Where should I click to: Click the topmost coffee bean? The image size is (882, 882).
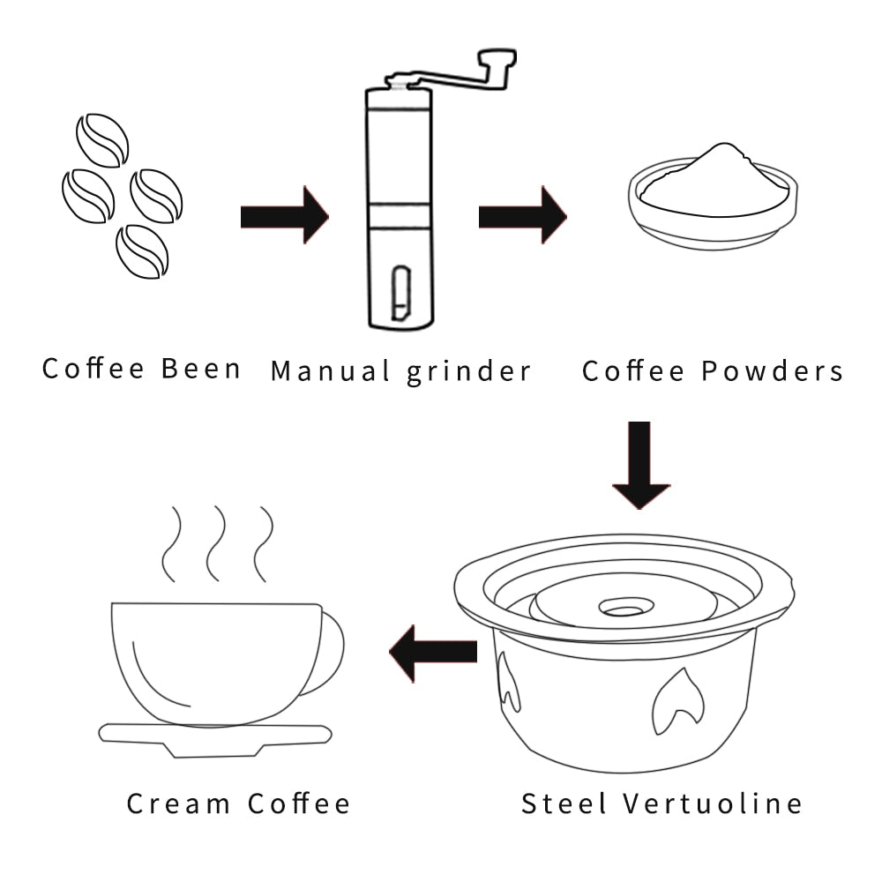tap(102, 139)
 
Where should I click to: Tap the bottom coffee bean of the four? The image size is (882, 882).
tap(142, 251)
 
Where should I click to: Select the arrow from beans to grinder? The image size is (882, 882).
tap(284, 215)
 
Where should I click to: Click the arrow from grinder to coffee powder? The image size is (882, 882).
tap(522, 215)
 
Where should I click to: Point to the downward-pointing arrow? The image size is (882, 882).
tap(641, 465)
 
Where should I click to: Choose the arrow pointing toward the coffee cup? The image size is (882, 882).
tap(433, 652)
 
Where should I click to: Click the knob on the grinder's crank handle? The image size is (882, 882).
tap(497, 61)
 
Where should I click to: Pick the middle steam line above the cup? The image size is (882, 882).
tap(215, 543)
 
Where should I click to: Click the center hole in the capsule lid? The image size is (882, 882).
tap(625, 609)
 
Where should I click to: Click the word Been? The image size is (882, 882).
tap(201, 368)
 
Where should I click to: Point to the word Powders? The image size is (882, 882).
tap(773, 370)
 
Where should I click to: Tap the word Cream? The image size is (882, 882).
tap(180, 804)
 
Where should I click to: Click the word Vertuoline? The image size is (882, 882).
tap(713, 804)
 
